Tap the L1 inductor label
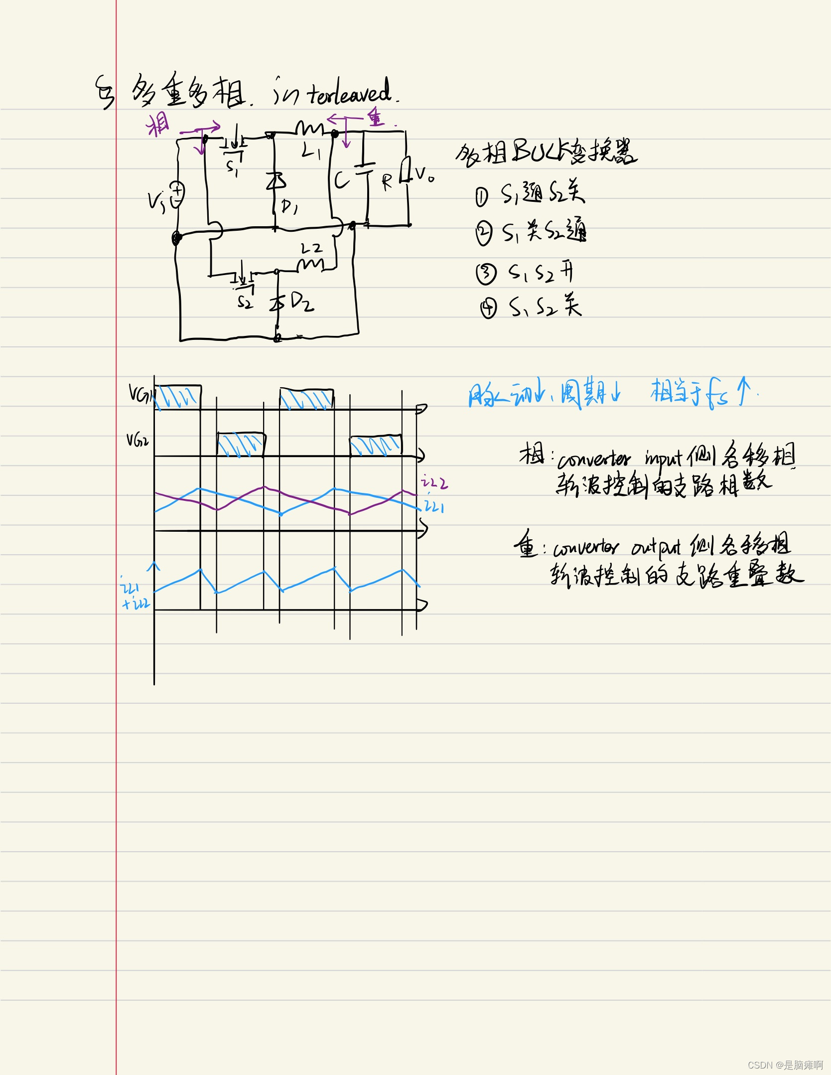pos(311,151)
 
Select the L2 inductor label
pos(312,248)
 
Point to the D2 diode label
pos(302,302)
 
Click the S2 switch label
pos(245,302)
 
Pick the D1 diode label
pos(289,206)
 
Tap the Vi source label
pos(156,202)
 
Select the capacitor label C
pos(341,180)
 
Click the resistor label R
pos(387,182)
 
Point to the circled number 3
pos(486,274)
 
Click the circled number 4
pos(488,308)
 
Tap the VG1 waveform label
pos(141,394)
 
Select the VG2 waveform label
pos(138,440)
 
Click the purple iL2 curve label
pos(434,482)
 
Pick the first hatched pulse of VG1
pos(178,397)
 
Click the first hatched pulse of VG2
pos(241,445)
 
